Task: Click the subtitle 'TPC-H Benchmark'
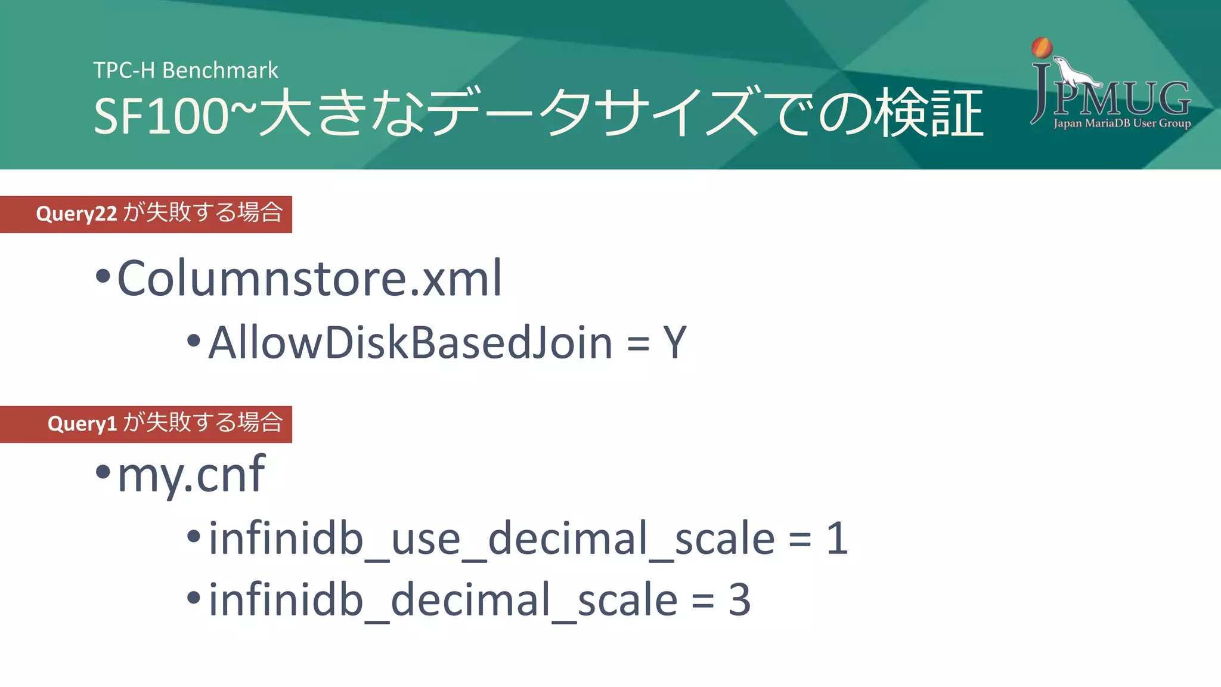pyautogui.click(x=185, y=70)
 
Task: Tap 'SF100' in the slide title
pyautogui.click(x=161, y=116)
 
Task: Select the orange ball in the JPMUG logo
pyautogui.click(x=1042, y=47)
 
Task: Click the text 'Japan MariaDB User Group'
pyautogui.click(x=1122, y=123)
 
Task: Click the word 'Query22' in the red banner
pyautogui.click(x=76, y=213)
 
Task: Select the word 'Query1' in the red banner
pyautogui.click(x=82, y=423)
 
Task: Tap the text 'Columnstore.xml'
pyautogui.click(x=309, y=278)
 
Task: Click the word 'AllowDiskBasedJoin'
pyautogui.click(x=411, y=343)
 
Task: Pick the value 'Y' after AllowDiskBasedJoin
pyautogui.click(x=675, y=343)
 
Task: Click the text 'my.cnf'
pyautogui.click(x=191, y=475)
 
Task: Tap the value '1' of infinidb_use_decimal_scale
pyautogui.click(x=837, y=539)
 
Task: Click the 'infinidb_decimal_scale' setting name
pyautogui.click(x=443, y=600)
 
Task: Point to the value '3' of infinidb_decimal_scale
pyautogui.click(x=739, y=600)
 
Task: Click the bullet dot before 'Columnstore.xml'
pyautogui.click(x=103, y=276)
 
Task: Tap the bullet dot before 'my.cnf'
pyautogui.click(x=103, y=472)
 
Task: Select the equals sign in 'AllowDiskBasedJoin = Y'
pyautogui.click(x=638, y=344)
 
